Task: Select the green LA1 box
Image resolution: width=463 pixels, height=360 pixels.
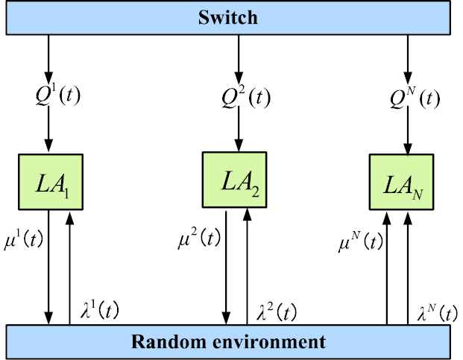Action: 51,181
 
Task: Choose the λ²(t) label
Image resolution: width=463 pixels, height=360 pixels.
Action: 275,312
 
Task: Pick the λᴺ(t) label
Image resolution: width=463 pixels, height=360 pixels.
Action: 436,312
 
